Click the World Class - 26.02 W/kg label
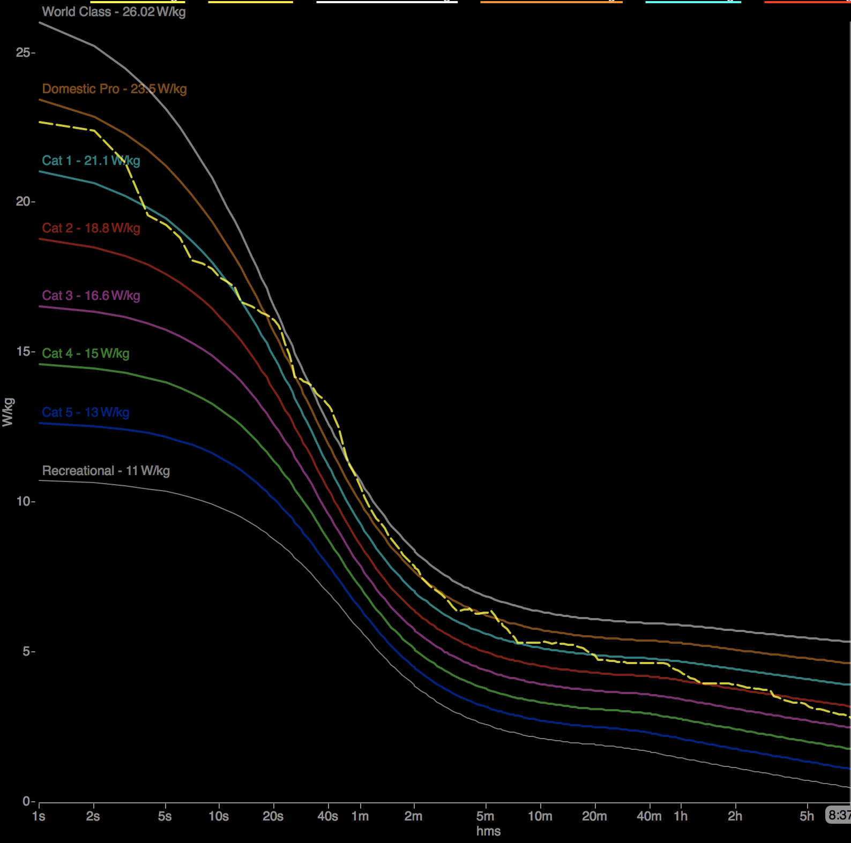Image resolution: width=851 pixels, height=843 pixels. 114,12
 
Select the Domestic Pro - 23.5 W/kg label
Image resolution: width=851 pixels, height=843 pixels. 114,89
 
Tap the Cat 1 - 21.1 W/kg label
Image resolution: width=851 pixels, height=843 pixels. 91,161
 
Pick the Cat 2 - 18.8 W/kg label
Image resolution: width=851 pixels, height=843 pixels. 91,228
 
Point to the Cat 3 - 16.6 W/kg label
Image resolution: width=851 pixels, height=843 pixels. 91,296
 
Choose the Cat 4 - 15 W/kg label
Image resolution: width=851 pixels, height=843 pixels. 86,353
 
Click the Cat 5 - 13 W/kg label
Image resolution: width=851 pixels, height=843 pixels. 86,412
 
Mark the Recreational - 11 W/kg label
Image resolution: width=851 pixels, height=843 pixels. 106,471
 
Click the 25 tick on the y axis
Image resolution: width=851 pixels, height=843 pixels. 23,52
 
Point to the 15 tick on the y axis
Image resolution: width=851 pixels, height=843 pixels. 23,351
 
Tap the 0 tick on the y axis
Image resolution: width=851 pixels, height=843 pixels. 26,801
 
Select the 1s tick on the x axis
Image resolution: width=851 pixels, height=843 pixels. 39,816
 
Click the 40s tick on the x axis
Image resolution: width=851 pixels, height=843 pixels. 327,816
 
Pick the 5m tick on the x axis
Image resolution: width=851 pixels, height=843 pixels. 486,816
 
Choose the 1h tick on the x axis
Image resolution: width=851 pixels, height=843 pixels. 681,816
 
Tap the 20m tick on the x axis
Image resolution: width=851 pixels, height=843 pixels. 594,816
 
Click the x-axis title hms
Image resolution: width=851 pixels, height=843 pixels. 488,831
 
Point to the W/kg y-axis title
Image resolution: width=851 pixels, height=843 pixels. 8,412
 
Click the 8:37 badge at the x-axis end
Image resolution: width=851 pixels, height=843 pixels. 839,815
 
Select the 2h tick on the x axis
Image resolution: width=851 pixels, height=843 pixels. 735,816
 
